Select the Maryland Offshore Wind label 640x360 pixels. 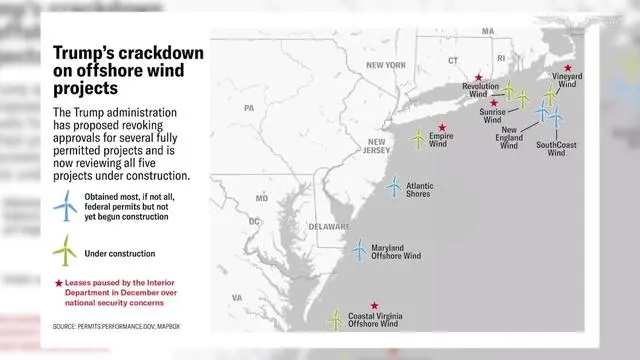click(396, 251)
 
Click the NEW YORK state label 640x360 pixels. click(386, 65)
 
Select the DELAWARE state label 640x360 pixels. click(328, 226)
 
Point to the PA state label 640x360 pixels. click(249, 107)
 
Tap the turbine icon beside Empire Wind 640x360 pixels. click(418, 137)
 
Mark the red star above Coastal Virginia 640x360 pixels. click(375, 306)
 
